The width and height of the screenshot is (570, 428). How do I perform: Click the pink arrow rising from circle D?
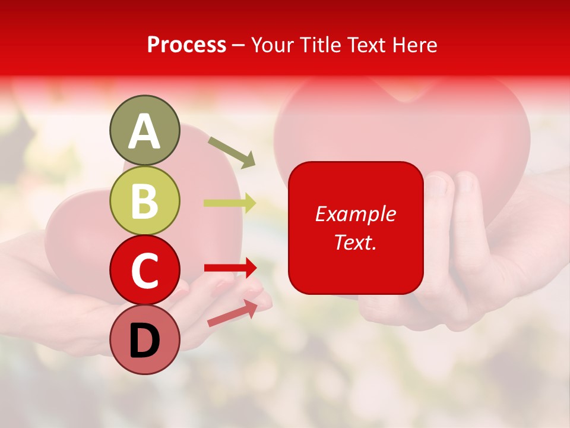(x=232, y=313)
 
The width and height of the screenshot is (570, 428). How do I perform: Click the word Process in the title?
(x=186, y=45)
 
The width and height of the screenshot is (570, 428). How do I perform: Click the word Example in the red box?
(x=355, y=214)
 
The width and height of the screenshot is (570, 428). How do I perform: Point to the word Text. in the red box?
(x=355, y=242)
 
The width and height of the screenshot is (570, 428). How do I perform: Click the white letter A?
(x=144, y=132)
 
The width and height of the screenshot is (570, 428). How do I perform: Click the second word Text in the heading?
(x=367, y=45)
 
